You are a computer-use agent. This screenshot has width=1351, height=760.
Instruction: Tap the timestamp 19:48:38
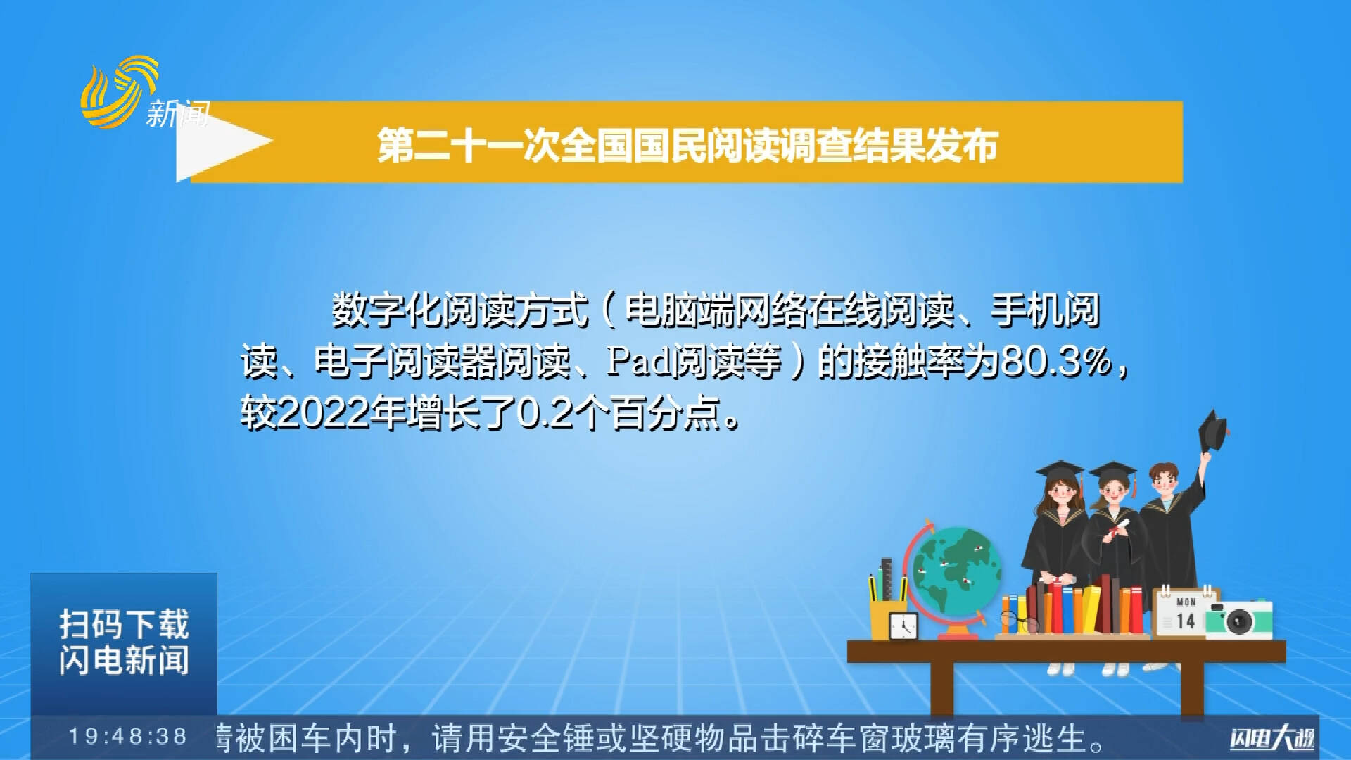click(x=127, y=737)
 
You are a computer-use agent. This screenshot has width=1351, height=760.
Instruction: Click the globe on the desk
click(x=955, y=570)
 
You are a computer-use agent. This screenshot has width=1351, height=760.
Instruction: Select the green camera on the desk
click(x=1239, y=619)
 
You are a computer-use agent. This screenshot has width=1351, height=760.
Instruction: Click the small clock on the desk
click(x=903, y=626)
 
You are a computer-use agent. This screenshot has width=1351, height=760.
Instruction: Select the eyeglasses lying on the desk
click(x=1018, y=621)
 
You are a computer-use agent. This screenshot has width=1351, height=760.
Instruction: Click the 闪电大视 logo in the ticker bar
click(x=1272, y=738)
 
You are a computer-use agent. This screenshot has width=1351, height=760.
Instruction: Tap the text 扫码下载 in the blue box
click(x=124, y=624)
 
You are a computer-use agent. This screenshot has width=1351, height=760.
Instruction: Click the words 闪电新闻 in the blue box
click(x=124, y=660)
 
